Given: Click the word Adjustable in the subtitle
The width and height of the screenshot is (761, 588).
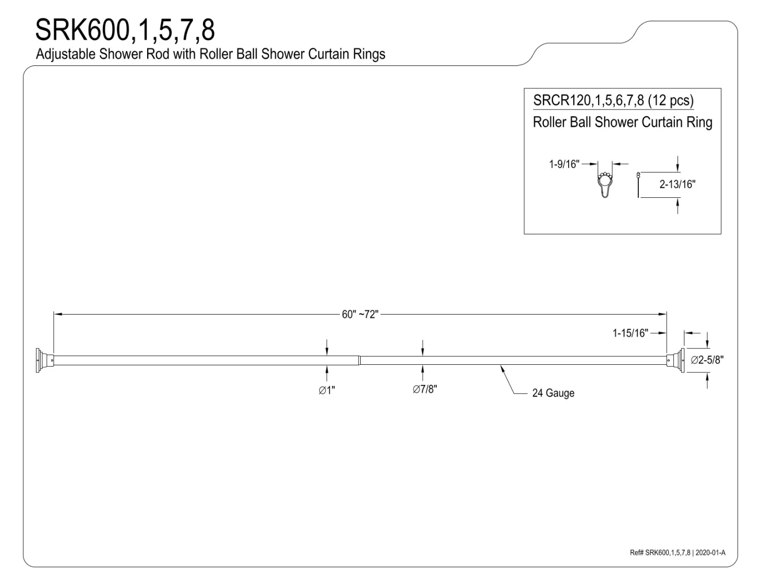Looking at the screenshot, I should coord(65,54).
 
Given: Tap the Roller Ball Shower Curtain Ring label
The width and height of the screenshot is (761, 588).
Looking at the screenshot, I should coord(622,122).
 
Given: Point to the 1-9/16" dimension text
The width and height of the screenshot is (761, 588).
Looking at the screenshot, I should coord(564,164).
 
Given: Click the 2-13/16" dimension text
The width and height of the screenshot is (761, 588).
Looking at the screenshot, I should coord(677,184).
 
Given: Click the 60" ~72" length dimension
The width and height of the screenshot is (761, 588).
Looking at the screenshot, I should coord(360,315).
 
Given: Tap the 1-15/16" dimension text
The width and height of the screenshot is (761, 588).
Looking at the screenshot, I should coord(630,333).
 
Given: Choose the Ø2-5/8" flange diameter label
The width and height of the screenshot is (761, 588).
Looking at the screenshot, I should coord(707,360).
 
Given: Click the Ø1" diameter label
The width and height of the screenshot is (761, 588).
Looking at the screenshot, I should coord(327,390).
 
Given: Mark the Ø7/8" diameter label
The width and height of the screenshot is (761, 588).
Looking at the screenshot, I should coord(424,389).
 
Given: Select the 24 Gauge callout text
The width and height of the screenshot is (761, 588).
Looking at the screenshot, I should coord(553,393).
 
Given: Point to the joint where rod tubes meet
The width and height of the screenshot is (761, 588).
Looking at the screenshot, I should coord(360,360).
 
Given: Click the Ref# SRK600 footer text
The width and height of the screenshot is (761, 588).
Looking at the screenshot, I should coord(677,552).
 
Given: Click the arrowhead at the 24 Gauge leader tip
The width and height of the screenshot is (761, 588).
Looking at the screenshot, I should coord(502,367).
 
